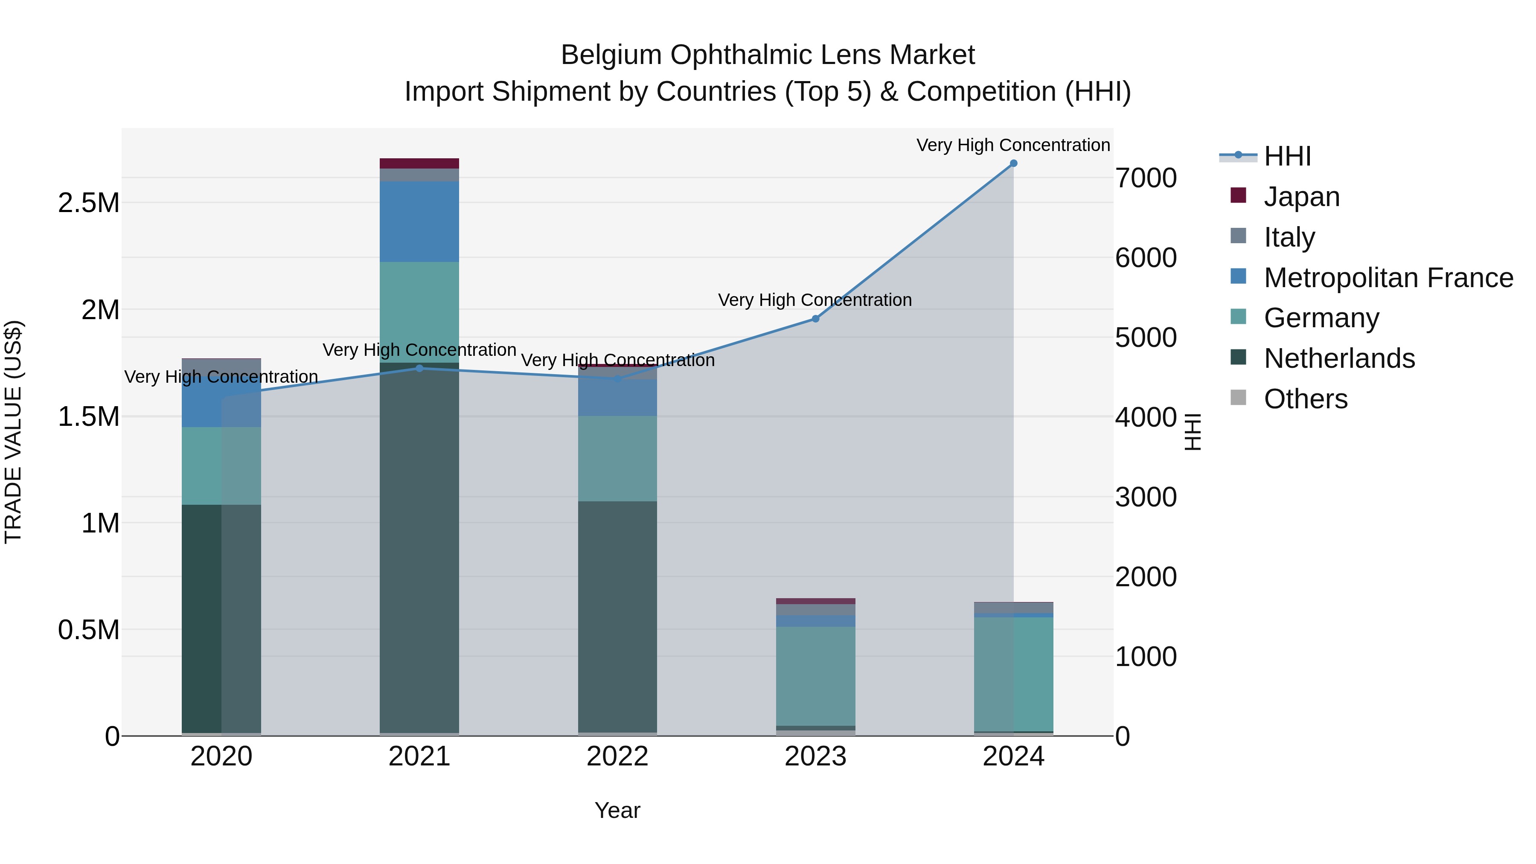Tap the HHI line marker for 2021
[419, 369]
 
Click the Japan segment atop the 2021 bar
[419, 163]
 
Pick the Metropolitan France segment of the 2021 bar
[419, 221]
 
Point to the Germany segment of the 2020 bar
[221, 465]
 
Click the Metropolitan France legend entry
[1388, 278]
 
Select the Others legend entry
[1305, 399]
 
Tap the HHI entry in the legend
[1287, 156]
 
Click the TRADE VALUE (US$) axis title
[13, 432]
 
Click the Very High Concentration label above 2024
[1012, 145]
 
